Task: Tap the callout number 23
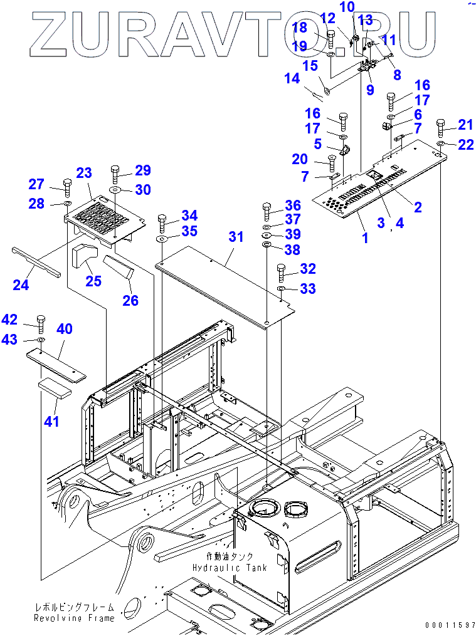[84, 173]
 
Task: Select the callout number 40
[65, 329]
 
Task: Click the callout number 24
[21, 286]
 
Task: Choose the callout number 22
[465, 145]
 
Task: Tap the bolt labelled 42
[41, 323]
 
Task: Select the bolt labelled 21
[440, 127]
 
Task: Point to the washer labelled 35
[161, 239]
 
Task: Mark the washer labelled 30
[115, 189]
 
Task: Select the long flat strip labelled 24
[36, 261]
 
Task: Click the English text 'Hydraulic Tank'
[230, 568]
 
